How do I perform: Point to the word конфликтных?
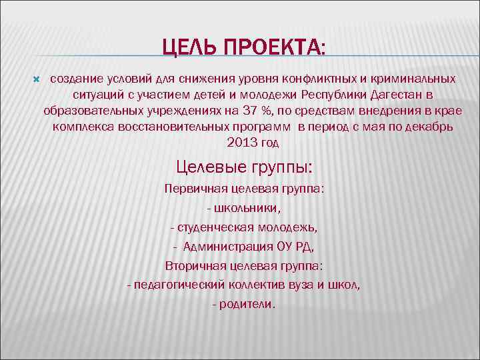316,79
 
